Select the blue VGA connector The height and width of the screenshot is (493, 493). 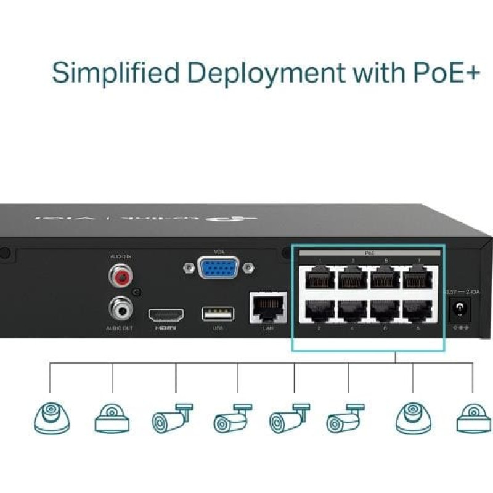coord(218,268)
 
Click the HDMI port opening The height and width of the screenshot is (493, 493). coord(166,314)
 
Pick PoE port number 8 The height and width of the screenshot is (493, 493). coord(418,312)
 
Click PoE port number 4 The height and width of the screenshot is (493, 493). coord(352,312)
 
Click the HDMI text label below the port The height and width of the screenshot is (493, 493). coord(166,329)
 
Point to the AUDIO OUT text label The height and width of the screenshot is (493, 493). coord(120,329)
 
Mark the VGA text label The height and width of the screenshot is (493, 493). coord(219,252)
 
